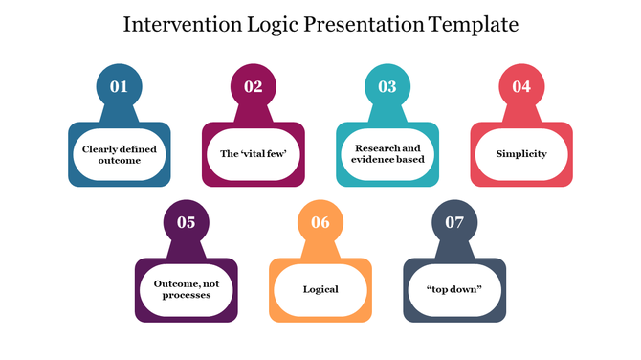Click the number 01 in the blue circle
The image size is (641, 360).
tap(119, 87)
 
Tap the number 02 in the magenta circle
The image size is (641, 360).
tap(253, 87)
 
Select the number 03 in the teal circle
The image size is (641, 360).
tap(387, 87)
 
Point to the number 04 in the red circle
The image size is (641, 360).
tap(520, 87)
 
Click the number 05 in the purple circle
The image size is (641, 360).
tap(186, 223)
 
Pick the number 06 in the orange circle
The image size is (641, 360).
tap(320, 223)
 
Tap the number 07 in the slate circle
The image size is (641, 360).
tap(453, 223)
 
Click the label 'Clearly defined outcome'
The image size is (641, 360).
tap(119, 154)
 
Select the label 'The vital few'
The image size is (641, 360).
tap(253, 154)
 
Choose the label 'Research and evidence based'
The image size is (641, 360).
tap(387, 154)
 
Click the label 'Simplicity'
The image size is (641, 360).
tap(520, 154)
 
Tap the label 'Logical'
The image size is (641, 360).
tap(320, 289)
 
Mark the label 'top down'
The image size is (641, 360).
tap(453, 289)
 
